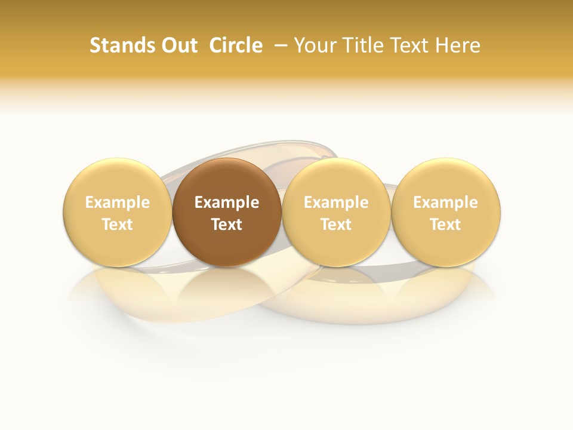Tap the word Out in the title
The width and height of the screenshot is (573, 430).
179,45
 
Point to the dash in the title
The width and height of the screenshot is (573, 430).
280,45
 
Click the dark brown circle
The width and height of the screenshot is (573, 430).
227,179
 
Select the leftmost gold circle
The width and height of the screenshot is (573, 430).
118,179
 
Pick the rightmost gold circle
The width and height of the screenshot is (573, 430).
446,179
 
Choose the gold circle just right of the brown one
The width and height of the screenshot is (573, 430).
336,179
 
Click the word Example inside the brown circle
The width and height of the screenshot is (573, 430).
227,203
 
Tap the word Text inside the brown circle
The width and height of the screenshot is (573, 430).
227,225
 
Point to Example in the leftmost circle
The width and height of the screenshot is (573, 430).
118,203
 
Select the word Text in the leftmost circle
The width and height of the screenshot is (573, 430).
118,225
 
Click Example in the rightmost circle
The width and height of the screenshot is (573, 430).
446,203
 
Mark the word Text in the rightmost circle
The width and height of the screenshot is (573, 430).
446,225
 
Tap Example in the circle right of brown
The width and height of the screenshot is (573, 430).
336,203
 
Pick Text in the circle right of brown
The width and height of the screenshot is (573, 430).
336,225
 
